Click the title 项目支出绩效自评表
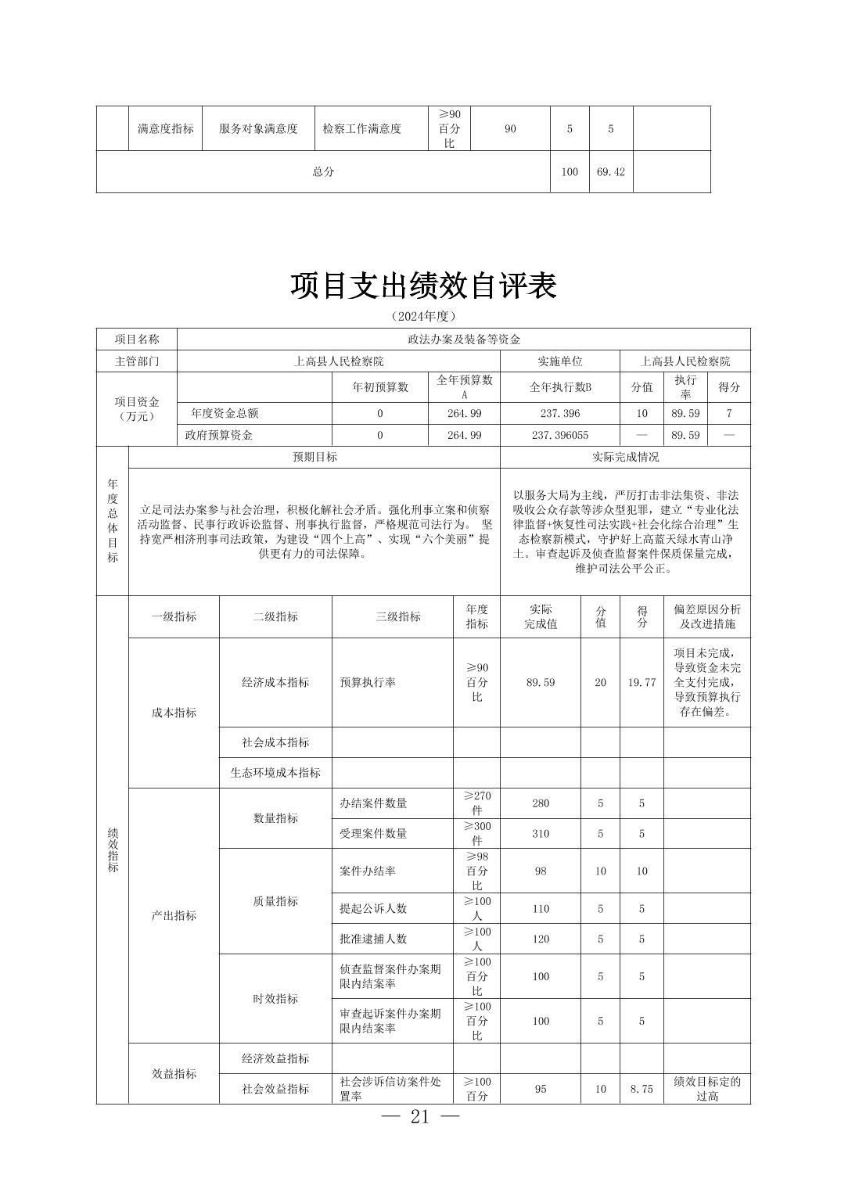(x=423, y=286)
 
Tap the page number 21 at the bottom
(x=419, y=1116)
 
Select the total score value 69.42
(x=610, y=171)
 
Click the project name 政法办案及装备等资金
(x=464, y=339)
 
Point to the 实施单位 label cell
(x=559, y=361)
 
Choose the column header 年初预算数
(x=380, y=387)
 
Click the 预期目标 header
(x=314, y=457)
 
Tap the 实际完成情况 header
(x=625, y=457)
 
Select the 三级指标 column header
(x=393, y=616)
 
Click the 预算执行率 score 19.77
(x=642, y=682)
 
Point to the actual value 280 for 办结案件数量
(x=541, y=803)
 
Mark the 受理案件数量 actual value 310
(x=541, y=834)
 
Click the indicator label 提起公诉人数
(x=373, y=908)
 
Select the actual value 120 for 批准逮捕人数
(x=541, y=939)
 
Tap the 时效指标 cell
(x=275, y=999)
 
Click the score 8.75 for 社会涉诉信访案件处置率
(x=642, y=1088)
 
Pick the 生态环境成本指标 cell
(x=275, y=773)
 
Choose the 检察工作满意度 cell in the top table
(x=362, y=129)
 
